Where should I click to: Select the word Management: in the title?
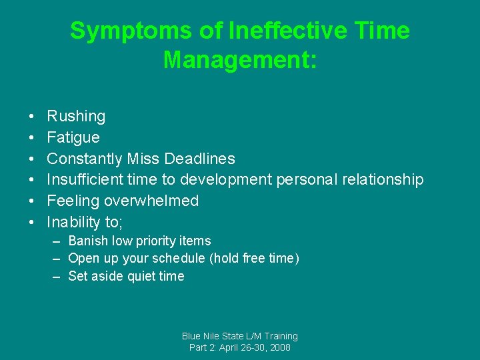[x=240, y=59]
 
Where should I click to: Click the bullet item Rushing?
[x=76, y=116]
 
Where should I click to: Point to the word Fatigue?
[x=73, y=137]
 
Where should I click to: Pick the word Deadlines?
[x=199, y=159]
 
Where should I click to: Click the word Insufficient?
[x=84, y=180]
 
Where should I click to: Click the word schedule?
[x=177, y=259]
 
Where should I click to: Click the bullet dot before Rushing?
[x=32, y=117]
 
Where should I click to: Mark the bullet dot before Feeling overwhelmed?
[x=32, y=201]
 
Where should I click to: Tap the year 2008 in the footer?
[x=279, y=347]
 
